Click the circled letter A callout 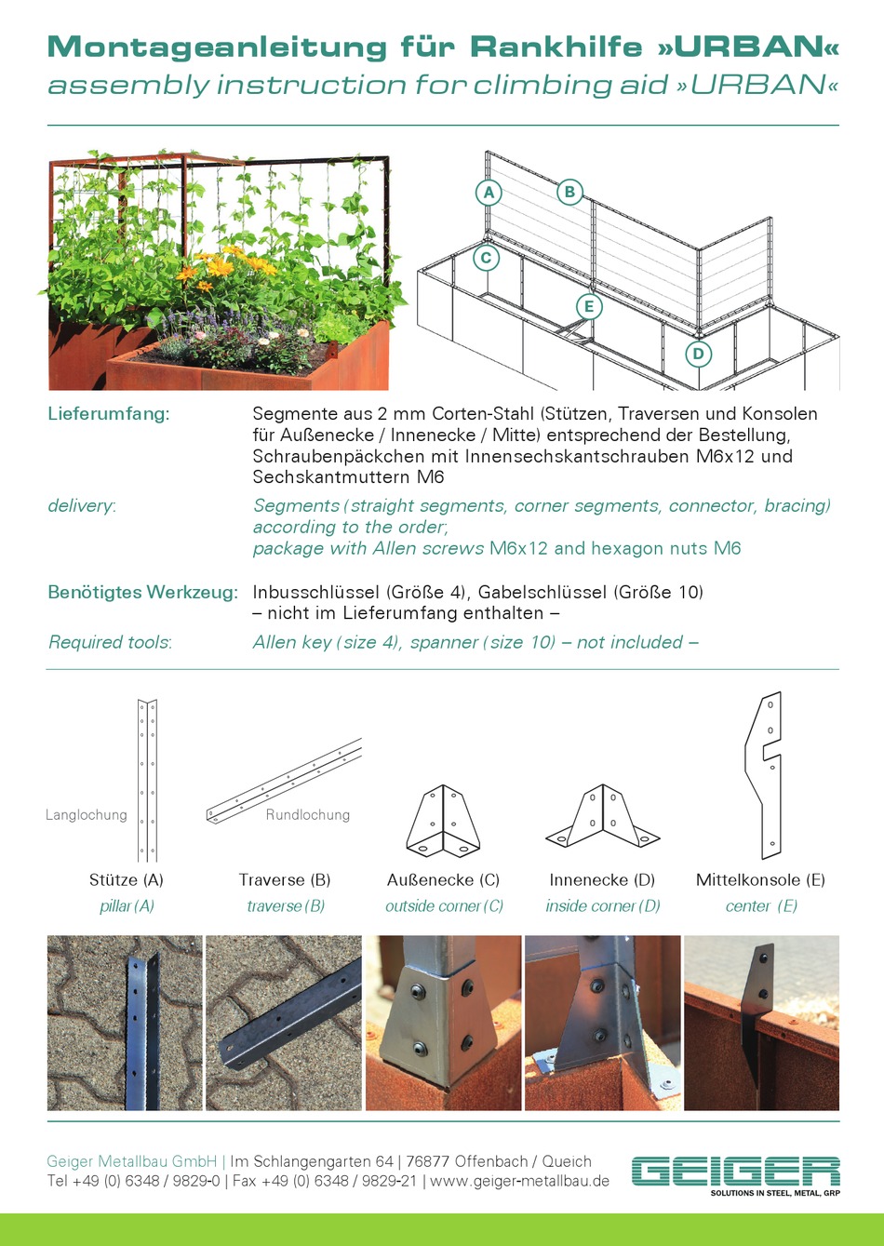tap(488, 193)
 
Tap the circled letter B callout tap(569, 193)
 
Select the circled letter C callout tap(486, 258)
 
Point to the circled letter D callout tap(698, 354)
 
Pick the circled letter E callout tap(588, 306)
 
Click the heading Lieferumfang tap(109, 414)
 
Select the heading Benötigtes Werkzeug tap(142, 593)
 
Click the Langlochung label tap(87, 815)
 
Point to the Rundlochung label tap(308, 815)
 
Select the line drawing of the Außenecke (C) tap(443, 821)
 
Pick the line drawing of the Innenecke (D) tap(602, 819)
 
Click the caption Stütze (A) tap(127, 880)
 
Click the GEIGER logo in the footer tap(735, 1172)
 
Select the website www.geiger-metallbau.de tap(520, 1181)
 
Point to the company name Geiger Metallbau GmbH tap(132, 1161)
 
